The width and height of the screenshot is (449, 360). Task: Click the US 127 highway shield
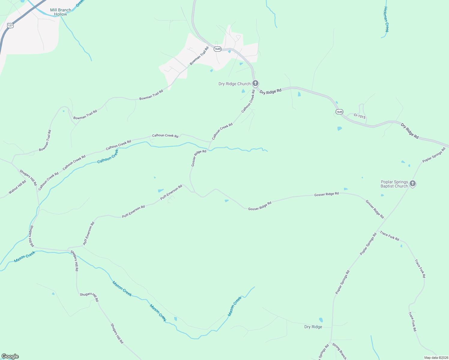pos(11,25)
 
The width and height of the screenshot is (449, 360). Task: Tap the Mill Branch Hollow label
pos(61,12)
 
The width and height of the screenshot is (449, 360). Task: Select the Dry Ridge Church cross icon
pos(255,83)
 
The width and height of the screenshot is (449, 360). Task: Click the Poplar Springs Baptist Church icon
pos(413,183)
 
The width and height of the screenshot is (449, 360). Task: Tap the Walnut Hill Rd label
pos(17,187)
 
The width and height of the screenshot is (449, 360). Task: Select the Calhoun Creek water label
pos(108,156)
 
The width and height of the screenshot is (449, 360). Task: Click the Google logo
pos(10,356)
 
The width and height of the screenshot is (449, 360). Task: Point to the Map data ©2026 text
pos(436,358)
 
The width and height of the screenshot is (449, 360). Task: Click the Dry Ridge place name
pos(313,327)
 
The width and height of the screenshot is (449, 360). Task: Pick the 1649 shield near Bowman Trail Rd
pos(218,49)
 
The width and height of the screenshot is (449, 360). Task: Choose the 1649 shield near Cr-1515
pos(339,112)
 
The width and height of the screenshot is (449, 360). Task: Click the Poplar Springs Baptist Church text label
pos(394,184)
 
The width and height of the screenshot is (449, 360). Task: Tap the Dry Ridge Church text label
pos(234,84)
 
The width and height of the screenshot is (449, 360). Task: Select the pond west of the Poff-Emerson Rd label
pos(161,190)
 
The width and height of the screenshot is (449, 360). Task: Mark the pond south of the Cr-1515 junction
pos(339,128)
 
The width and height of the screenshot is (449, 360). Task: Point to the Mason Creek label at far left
pos(25,256)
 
